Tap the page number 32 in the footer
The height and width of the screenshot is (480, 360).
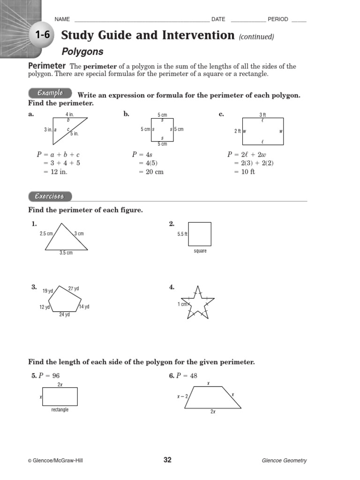pos(167,460)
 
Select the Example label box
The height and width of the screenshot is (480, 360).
pos(50,93)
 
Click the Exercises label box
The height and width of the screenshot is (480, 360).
pos(50,196)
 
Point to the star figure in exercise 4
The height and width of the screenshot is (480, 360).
pos(197,303)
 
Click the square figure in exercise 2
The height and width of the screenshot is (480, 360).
pos(200,234)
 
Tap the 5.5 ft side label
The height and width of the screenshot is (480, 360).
pos(182,234)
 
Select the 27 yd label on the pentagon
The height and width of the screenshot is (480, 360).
pos(74,289)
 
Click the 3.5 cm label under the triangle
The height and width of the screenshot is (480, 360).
pos(66,253)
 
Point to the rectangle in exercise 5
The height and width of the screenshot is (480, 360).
pos(60,397)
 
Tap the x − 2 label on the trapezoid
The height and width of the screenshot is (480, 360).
pos(183,396)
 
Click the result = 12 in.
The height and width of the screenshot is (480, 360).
pos(52,172)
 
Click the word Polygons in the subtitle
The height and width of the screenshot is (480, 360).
pos(82,52)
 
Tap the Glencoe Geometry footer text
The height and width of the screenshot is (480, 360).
pos(284,460)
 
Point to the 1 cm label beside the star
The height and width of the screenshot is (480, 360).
pos(182,304)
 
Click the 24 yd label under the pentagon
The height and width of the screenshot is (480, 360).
pos(64,315)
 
